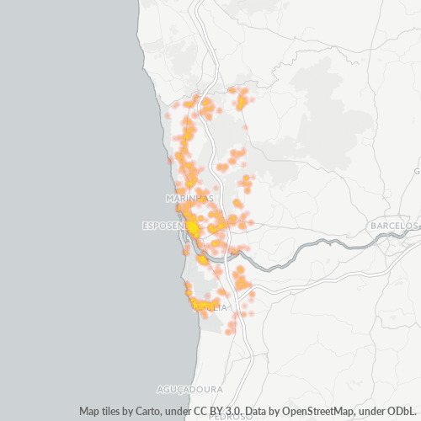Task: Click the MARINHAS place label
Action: point(190,197)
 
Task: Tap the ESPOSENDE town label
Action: point(167,226)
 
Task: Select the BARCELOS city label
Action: point(393,226)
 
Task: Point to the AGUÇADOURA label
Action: point(190,390)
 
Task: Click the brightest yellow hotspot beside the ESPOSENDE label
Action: point(194,226)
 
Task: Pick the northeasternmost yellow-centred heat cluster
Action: point(242,103)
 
